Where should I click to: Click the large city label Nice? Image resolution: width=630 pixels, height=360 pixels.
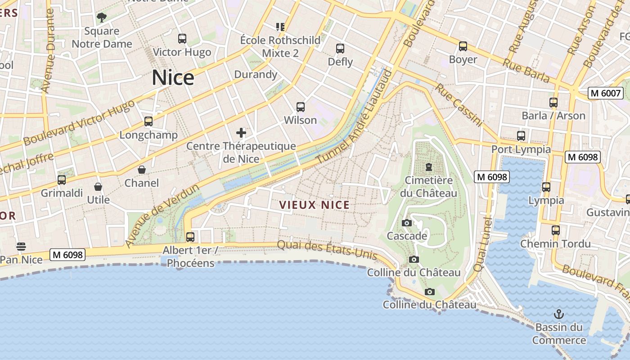pos(173,77)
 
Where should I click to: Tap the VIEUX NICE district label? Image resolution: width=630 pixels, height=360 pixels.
pos(314,205)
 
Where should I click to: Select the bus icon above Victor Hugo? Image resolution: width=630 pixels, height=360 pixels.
pos(182,39)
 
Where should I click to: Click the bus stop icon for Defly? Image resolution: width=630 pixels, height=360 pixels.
pos(340,48)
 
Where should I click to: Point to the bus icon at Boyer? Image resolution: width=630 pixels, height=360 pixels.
pos(463,46)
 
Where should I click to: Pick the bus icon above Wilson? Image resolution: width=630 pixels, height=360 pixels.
pos(301,107)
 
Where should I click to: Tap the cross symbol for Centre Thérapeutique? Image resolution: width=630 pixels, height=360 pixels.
pos(241,132)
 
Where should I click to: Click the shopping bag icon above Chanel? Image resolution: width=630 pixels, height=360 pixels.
pos(142,170)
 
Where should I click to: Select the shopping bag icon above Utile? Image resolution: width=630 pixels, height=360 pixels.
pos(98,186)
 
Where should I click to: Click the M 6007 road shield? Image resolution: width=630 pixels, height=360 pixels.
pos(605,93)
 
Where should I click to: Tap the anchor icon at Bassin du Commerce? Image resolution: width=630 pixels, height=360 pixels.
pos(559,314)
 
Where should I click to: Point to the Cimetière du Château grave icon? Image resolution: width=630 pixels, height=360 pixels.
pos(428,167)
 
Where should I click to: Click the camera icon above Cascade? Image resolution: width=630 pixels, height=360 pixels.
pos(407,223)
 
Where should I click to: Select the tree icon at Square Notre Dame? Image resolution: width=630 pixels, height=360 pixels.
pos(102,18)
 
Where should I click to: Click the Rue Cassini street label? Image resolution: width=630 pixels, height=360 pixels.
pos(459,105)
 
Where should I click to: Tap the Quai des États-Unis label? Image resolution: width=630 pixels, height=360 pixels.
pos(327,250)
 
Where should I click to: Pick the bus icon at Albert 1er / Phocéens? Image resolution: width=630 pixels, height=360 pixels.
pos(190,237)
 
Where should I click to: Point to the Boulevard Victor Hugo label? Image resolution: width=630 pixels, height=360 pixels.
pos(79,122)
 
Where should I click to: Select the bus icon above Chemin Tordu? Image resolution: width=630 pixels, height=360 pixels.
pos(556,230)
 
